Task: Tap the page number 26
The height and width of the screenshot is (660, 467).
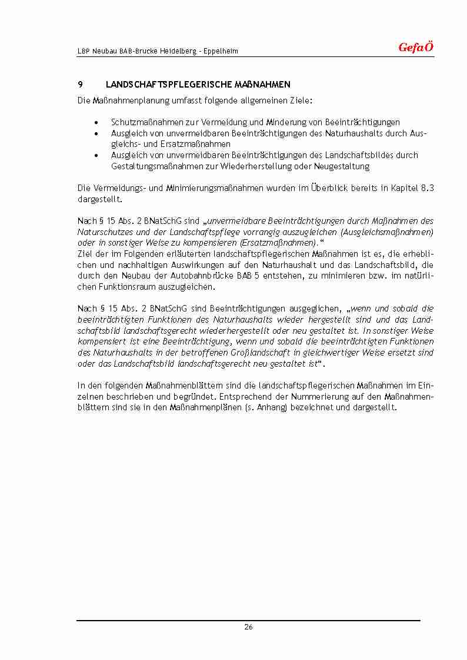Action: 248,627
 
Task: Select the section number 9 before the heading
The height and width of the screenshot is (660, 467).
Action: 80,85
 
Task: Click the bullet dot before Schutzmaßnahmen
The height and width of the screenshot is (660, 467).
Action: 96,122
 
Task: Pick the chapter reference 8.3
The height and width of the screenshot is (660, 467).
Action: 428,188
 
